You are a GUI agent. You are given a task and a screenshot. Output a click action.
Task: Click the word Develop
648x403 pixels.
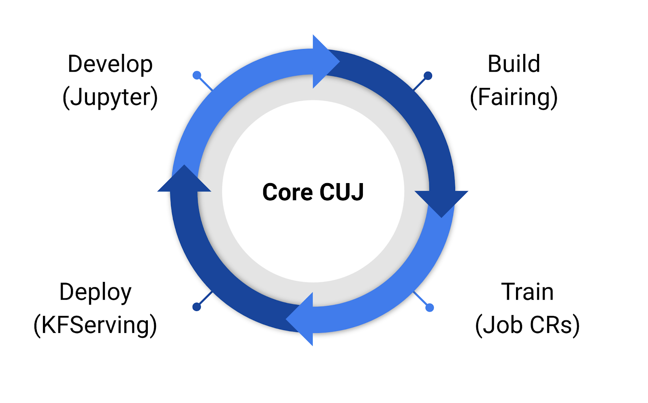click(x=110, y=64)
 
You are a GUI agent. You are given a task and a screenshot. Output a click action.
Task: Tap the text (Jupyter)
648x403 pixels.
click(x=110, y=98)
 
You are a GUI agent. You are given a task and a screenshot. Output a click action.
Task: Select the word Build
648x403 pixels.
click(x=514, y=64)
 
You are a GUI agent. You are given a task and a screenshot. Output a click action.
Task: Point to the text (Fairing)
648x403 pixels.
click(x=514, y=98)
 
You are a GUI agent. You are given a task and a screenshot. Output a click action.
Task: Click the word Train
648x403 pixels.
click(x=527, y=292)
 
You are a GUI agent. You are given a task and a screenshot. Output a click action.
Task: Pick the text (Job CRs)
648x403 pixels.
click(x=527, y=325)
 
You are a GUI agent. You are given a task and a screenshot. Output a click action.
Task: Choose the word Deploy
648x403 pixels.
click(x=96, y=292)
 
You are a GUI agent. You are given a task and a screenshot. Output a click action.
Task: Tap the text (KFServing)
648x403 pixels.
click(x=96, y=325)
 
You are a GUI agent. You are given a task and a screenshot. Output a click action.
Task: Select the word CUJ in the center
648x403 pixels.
click(x=341, y=192)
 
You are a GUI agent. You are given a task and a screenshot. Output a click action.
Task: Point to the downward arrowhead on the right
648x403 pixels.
click(x=441, y=203)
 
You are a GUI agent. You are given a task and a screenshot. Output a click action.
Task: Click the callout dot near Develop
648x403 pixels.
click(x=197, y=75)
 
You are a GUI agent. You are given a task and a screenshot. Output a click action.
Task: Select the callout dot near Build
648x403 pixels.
click(x=428, y=75)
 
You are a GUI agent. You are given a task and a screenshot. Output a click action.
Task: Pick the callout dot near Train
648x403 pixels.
click(x=430, y=308)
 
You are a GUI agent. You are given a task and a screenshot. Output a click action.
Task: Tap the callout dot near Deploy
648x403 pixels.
click(x=197, y=307)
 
